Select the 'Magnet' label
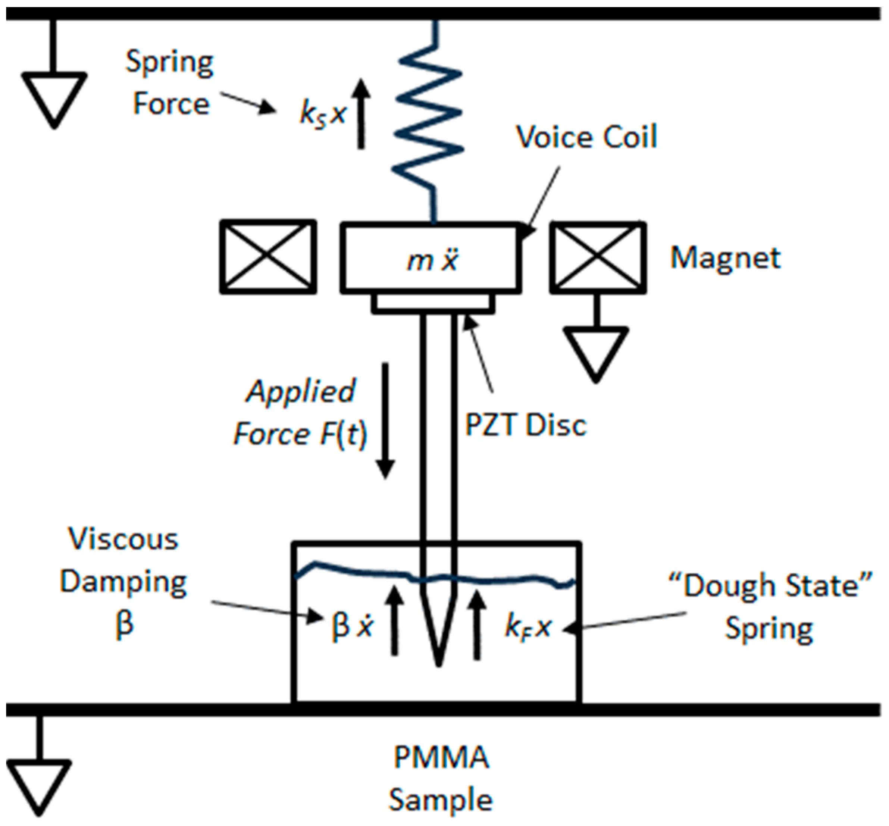[x=725, y=258]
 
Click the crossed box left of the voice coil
[x=268, y=257]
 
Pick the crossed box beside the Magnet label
[x=598, y=257]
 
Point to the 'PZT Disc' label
[x=525, y=424]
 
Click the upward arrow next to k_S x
[x=361, y=114]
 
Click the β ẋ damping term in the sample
[x=352, y=626]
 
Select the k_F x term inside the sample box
[x=528, y=628]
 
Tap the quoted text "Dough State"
[x=771, y=585]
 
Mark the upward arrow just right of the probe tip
[x=478, y=626]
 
